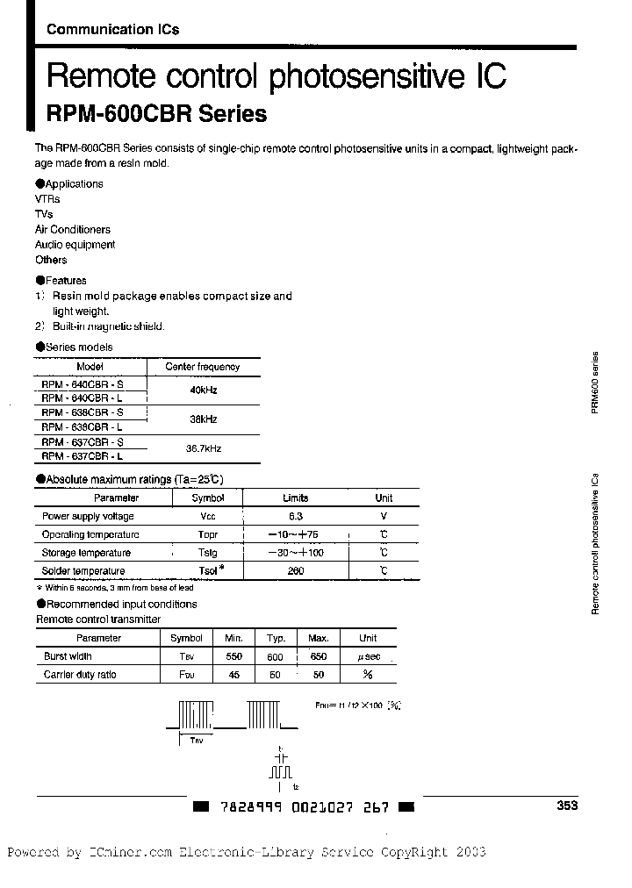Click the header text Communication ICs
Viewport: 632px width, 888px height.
point(112,29)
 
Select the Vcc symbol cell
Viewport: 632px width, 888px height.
point(207,517)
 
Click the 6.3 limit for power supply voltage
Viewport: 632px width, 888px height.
point(296,517)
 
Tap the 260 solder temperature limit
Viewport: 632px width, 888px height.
point(296,571)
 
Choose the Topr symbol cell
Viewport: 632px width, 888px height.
point(207,534)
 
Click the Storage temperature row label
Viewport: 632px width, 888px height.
point(86,553)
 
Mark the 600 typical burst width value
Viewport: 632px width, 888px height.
point(275,656)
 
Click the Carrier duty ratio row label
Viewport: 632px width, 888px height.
point(80,675)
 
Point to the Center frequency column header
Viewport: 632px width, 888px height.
point(202,367)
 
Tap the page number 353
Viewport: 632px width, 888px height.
point(567,806)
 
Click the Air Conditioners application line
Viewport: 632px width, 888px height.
point(73,230)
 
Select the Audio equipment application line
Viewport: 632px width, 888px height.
point(75,245)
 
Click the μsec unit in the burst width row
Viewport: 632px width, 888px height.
point(368,656)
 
